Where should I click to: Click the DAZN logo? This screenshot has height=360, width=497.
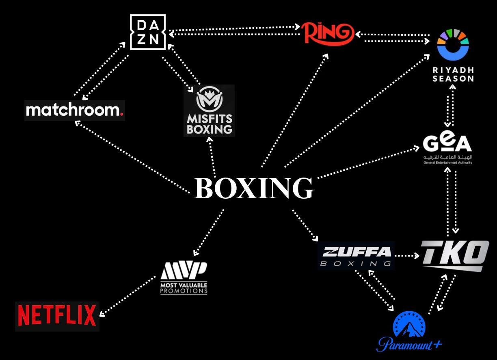[x=147, y=32]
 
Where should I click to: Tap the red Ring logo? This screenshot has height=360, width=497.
[x=327, y=33]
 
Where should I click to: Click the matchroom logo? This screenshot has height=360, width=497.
[x=74, y=110]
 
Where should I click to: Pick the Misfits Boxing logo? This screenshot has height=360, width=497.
[x=209, y=111]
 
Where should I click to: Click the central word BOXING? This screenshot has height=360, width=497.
[x=254, y=188]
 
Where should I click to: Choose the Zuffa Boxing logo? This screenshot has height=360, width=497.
[x=356, y=256]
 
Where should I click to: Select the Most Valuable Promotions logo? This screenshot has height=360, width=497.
[x=184, y=278]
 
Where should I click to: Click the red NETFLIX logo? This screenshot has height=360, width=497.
[x=57, y=316]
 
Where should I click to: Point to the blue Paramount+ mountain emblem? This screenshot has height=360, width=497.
[x=409, y=325]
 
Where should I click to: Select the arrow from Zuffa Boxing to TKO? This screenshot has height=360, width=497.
[x=407, y=256]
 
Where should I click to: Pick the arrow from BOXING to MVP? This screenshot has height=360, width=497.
[x=209, y=232]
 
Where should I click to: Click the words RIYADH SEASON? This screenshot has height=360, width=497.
[x=453, y=74]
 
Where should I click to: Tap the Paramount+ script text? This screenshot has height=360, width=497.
[x=409, y=345]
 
